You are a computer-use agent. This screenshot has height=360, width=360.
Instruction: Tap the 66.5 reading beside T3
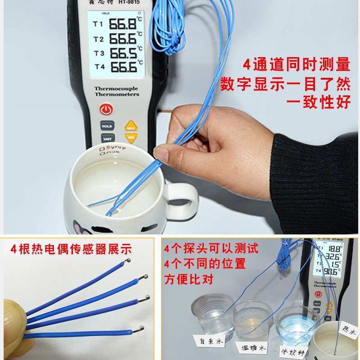[x=123, y=54]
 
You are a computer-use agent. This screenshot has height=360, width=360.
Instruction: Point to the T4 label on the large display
[x=99, y=67]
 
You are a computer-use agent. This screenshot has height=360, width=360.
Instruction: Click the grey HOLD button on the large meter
[x=107, y=126]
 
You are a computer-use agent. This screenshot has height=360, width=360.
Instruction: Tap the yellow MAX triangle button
[x=131, y=126]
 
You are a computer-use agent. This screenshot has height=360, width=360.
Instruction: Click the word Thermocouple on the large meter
[x=116, y=89]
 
